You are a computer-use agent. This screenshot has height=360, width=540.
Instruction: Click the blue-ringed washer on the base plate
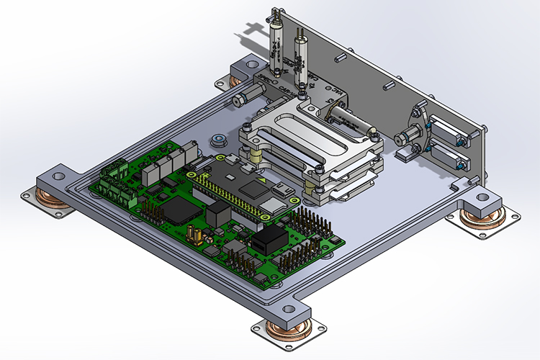point(215,138)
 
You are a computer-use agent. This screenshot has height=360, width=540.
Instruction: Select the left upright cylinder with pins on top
point(276,47)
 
